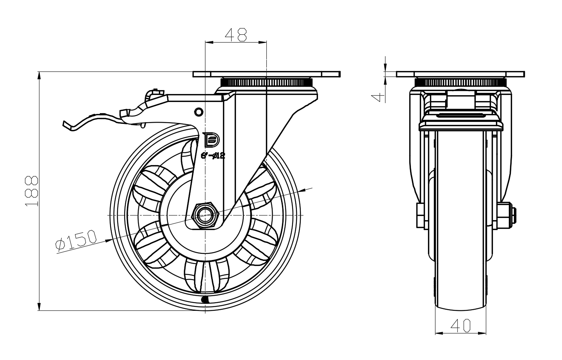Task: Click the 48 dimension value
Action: tap(236, 35)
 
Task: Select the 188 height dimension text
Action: tap(32, 191)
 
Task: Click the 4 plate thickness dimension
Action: tap(377, 96)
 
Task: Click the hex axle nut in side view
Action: tap(205, 215)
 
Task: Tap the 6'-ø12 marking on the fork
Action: tap(213, 155)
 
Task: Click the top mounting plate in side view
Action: tap(267, 74)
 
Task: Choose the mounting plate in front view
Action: tap(460, 74)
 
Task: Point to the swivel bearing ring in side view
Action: tap(267, 82)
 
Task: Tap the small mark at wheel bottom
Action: tap(204, 300)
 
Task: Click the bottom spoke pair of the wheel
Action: tap(205, 275)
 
